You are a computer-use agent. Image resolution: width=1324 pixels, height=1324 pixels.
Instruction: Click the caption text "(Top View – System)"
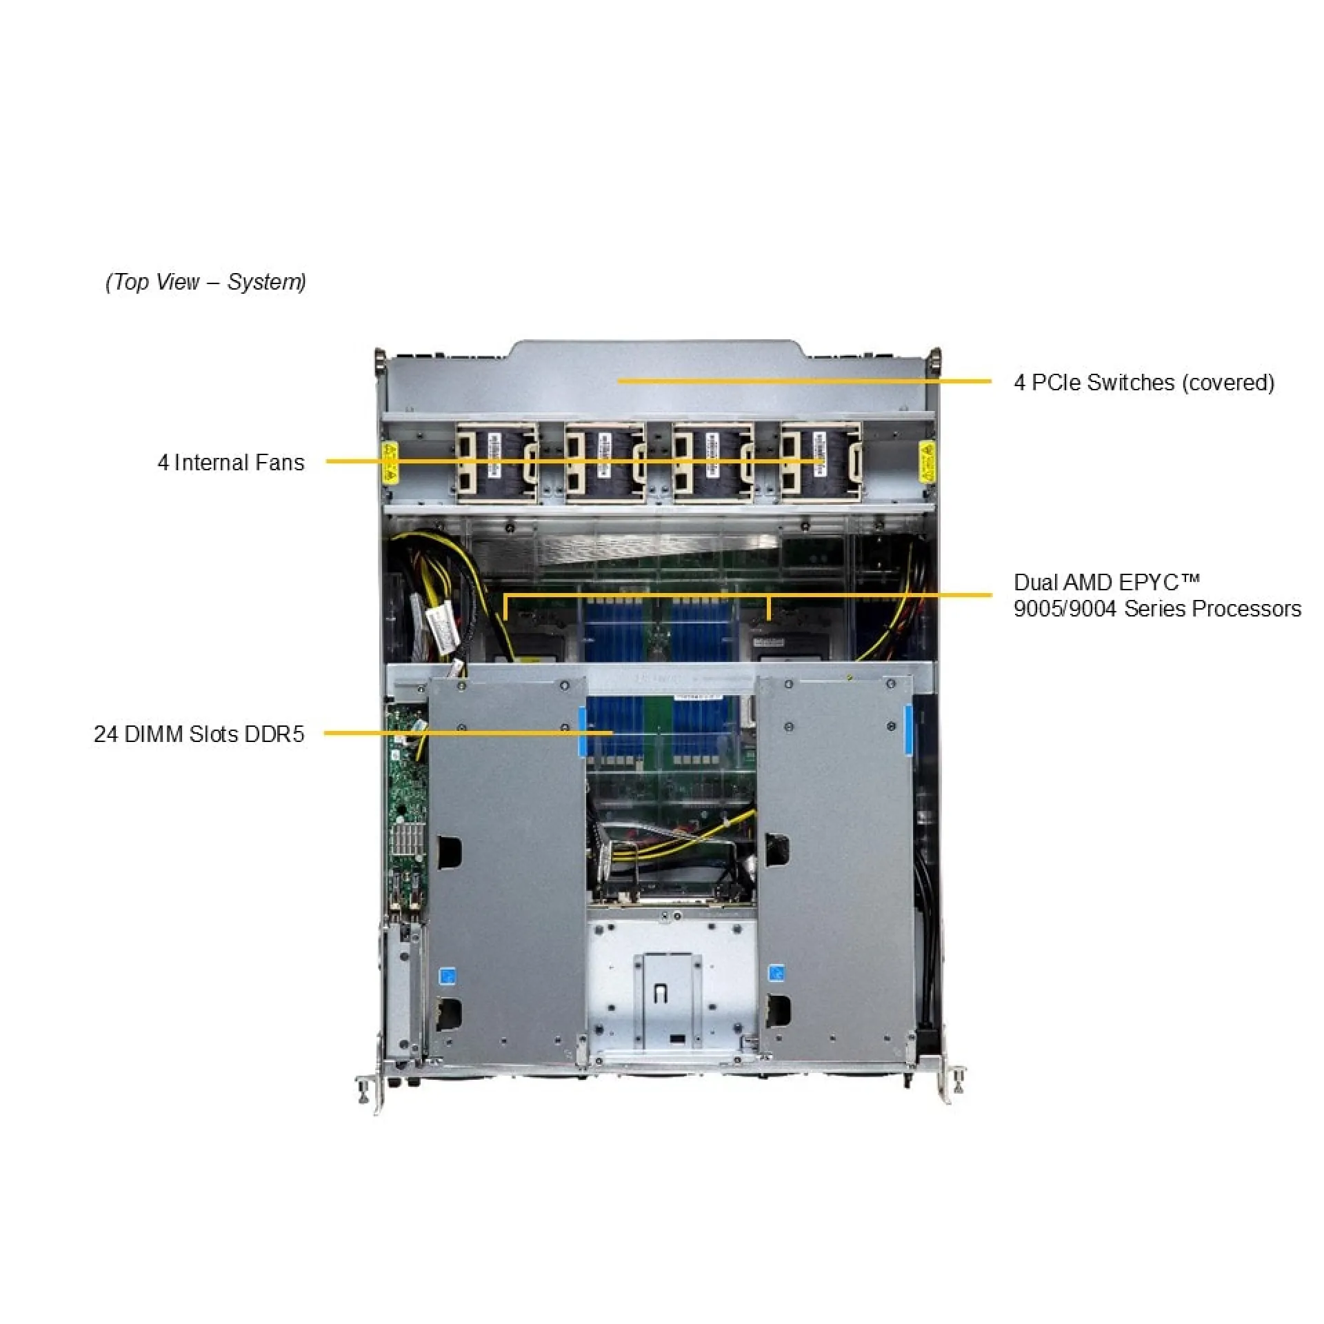coord(205,282)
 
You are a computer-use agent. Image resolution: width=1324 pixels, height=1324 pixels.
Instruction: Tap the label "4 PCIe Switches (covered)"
coord(1143,383)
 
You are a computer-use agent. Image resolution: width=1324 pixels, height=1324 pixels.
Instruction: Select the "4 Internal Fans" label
coord(231,462)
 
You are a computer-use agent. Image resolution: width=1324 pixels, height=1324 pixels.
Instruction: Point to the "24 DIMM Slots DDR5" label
coord(199,734)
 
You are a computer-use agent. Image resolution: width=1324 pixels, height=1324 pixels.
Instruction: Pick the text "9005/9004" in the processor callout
coord(1065,609)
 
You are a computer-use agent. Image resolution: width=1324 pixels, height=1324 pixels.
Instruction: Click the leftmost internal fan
coord(496,462)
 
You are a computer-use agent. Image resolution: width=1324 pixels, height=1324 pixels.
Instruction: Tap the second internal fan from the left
coord(605,462)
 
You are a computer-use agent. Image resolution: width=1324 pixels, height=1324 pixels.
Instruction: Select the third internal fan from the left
coord(712,462)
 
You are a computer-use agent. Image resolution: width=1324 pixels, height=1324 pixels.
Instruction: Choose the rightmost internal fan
coord(821,462)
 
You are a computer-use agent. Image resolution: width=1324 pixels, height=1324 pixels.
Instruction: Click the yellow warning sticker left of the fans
coord(390,462)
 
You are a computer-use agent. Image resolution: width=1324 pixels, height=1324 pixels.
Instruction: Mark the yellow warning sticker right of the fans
coord(927,462)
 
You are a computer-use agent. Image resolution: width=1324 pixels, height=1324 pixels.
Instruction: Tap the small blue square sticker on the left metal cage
coord(448,976)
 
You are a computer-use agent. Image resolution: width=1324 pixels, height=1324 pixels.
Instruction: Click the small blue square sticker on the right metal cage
coord(776,973)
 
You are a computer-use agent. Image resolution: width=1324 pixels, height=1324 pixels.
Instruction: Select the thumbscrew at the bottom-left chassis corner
coord(363,1089)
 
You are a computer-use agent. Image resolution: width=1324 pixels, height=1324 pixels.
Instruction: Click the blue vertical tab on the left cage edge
coord(582,730)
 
